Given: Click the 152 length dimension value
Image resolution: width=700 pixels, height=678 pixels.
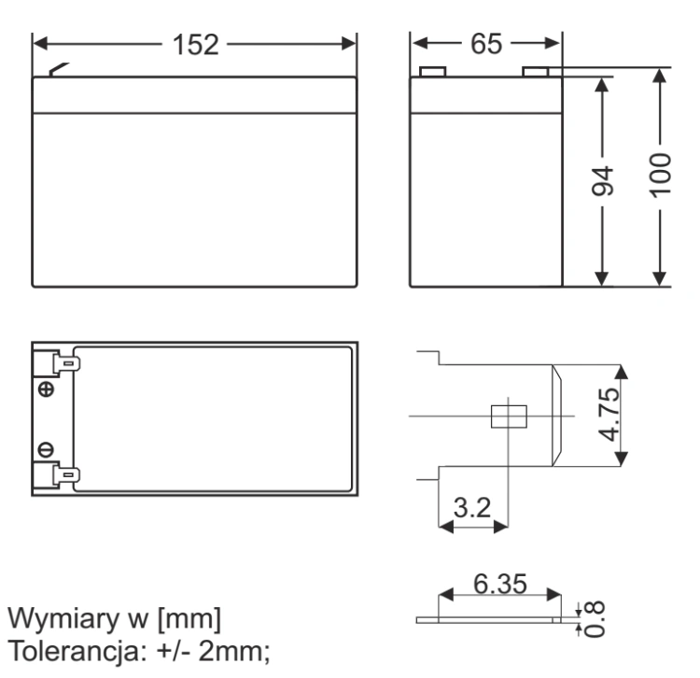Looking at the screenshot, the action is [x=196, y=45].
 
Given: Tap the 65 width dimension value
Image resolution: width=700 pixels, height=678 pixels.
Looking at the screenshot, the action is [x=486, y=44].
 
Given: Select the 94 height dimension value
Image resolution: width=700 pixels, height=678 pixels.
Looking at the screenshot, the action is [x=602, y=181].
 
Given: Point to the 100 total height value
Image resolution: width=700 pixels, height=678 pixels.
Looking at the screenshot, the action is [x=660, y=175].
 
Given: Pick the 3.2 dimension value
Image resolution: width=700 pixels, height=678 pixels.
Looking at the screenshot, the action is [x=472, y=507].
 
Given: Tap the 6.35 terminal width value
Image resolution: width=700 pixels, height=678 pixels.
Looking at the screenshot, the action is [x=500, y=584].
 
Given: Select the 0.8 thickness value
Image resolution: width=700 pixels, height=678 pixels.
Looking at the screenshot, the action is [x=595, y=618].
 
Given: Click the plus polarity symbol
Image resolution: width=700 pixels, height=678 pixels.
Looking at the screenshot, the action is [x=46, y=389].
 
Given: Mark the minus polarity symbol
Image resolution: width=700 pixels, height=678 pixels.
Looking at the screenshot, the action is [x=46, y=449].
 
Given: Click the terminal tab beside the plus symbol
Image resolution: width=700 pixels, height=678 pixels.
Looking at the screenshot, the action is [x=66, y=363].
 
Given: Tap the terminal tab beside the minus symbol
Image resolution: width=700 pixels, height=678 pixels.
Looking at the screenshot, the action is [x=66, y=474].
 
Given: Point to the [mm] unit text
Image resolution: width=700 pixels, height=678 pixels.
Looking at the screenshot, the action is [x=189, y=619].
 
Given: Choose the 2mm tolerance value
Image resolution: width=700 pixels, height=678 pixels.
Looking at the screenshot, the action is [x=234, y=651].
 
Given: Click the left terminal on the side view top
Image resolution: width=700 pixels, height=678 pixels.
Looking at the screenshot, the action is [x=432, y=72].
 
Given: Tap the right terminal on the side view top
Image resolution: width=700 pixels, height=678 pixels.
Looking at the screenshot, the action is [x=536, y=72].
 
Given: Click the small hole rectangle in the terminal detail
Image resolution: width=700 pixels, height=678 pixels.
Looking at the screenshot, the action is [x=509, y=417].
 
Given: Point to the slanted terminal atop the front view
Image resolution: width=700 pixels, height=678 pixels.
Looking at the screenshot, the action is [x=59, y=69].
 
